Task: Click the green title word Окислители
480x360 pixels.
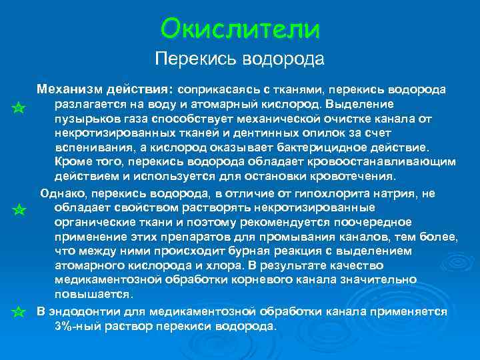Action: point(240,28)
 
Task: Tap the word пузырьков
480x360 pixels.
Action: point(83,119)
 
